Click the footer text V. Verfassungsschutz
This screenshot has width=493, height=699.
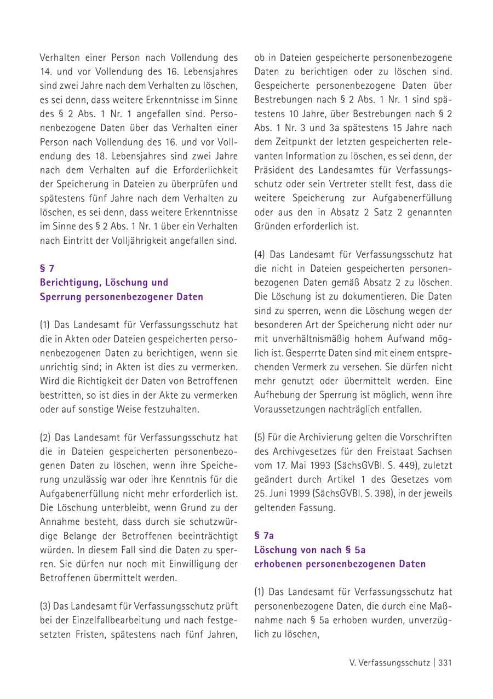coord(389,662)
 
